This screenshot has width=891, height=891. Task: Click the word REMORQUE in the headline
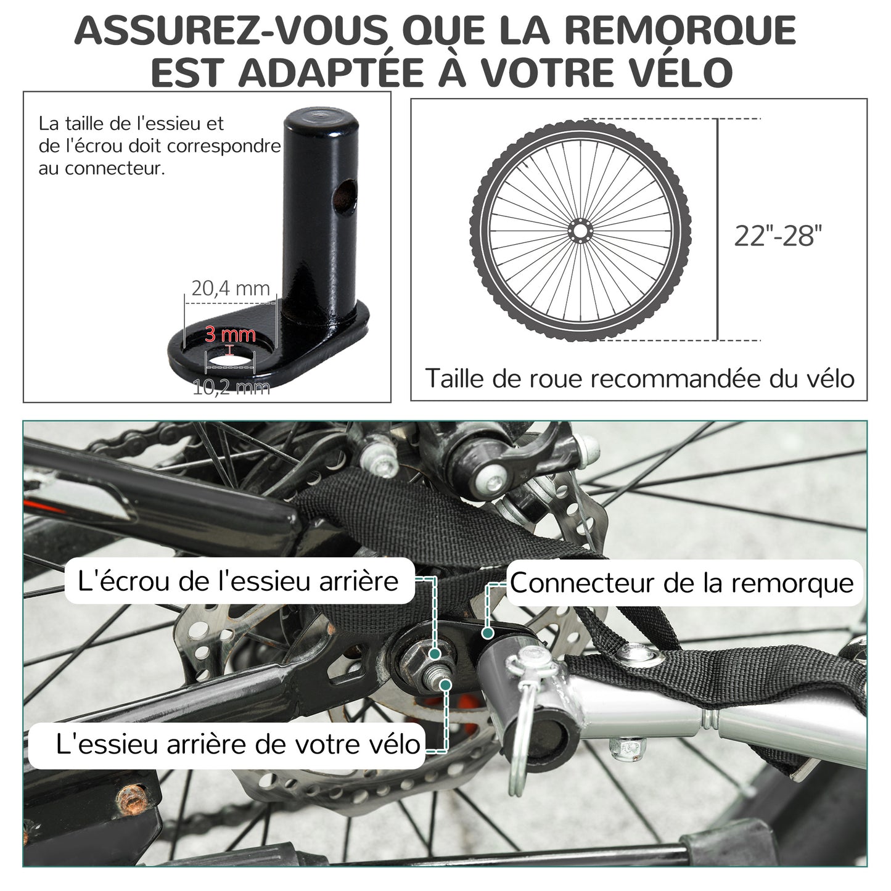[680, 31]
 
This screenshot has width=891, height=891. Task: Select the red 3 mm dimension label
[230, 334]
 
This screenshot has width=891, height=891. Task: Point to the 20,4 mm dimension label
[230, 289]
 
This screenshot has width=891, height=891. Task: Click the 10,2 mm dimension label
[231, 387]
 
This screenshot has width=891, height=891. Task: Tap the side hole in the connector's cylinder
[345, 197]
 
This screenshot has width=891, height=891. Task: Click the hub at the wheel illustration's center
[580, 230]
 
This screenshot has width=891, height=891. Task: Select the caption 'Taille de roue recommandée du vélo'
[639, 379]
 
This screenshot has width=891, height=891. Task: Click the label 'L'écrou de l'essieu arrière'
[238, 581]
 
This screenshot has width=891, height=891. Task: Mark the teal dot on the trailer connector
[487, 633]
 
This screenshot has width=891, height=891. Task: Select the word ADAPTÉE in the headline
[331, 73]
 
